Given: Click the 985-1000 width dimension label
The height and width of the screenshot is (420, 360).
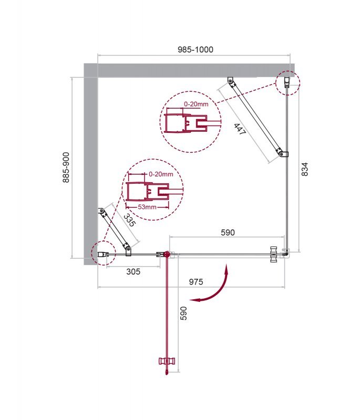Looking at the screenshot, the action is click(x=196, y=49).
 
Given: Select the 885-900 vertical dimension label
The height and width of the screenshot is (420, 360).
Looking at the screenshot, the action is click(x=66, y=167).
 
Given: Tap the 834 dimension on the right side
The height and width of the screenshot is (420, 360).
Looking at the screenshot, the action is click(x=305, y=169).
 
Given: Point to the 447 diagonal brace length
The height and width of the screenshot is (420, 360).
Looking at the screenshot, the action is click(x=239, y=129).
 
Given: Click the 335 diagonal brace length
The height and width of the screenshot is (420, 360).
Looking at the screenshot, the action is click(x=129, y=220).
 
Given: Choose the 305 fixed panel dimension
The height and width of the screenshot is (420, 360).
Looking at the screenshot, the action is click(x=133, y=271).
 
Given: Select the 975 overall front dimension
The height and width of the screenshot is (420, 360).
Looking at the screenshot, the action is click(x=196, y=282).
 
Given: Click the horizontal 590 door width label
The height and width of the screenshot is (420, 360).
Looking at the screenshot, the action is click(x=228, y=233).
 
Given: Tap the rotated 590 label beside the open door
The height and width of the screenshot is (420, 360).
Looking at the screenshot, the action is click(x=183, y=313).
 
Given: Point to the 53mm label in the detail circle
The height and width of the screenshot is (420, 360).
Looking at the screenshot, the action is click(x=147, y=207).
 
